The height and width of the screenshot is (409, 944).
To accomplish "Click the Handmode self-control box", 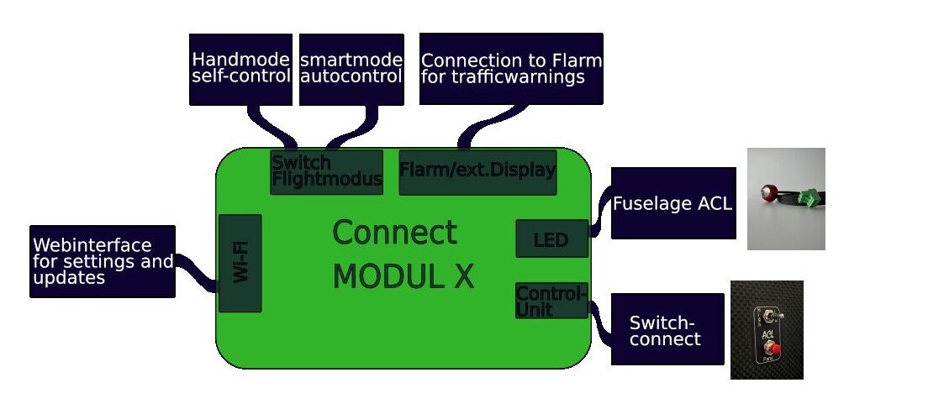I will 240,69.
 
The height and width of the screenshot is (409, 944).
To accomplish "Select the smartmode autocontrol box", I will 351,69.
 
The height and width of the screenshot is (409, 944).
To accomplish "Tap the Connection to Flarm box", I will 511,69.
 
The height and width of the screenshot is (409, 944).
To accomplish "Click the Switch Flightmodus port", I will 326,172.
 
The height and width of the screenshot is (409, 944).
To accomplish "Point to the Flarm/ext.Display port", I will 477,172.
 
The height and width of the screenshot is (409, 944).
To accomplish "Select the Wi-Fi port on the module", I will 240,263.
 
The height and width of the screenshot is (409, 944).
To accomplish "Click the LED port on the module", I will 551,239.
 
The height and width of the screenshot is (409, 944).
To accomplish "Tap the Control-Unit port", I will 551,301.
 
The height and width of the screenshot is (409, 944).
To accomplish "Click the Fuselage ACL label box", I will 672,203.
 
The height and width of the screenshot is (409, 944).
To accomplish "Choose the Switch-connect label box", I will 667,329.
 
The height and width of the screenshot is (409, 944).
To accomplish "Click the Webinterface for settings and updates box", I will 103,261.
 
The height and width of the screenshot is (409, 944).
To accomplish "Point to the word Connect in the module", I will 394,233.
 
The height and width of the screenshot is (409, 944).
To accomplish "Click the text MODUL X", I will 403,276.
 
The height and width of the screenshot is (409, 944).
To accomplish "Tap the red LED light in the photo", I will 767,192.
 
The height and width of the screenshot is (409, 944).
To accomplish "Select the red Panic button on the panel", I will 766,350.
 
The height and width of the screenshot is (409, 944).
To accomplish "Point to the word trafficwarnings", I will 502,78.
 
